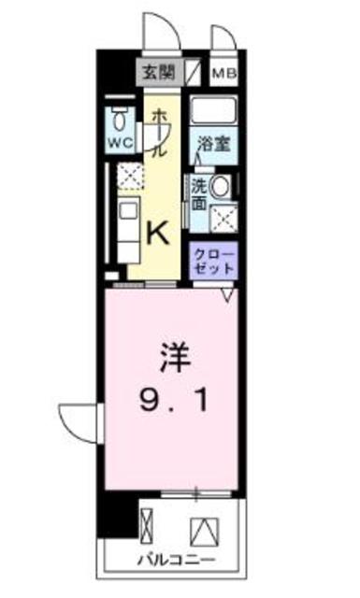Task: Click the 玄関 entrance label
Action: click(x=158, y=72)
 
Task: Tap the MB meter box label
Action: click(x=224, y=73)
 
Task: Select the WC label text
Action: click(x=121, y=143)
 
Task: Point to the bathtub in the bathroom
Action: click(x=213, y=109)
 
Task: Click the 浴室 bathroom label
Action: click(x=214, y=144)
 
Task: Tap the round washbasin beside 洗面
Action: click(x=221, y=187)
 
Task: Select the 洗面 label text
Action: click(x=199, y=194)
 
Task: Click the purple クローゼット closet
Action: click(x=214, y=261)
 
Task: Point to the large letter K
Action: click(x=158, y=234)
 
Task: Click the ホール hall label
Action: click(x=160, y=133)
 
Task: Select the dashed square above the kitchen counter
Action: click(x=130, y=176)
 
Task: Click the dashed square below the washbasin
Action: click(x=223, y=218)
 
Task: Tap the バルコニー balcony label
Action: click(x=177, y=561)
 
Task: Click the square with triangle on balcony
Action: click(x=205, y=532)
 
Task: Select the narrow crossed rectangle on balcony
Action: click(x=147, y=525)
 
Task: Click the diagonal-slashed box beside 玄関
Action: click(x=194, y=71)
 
